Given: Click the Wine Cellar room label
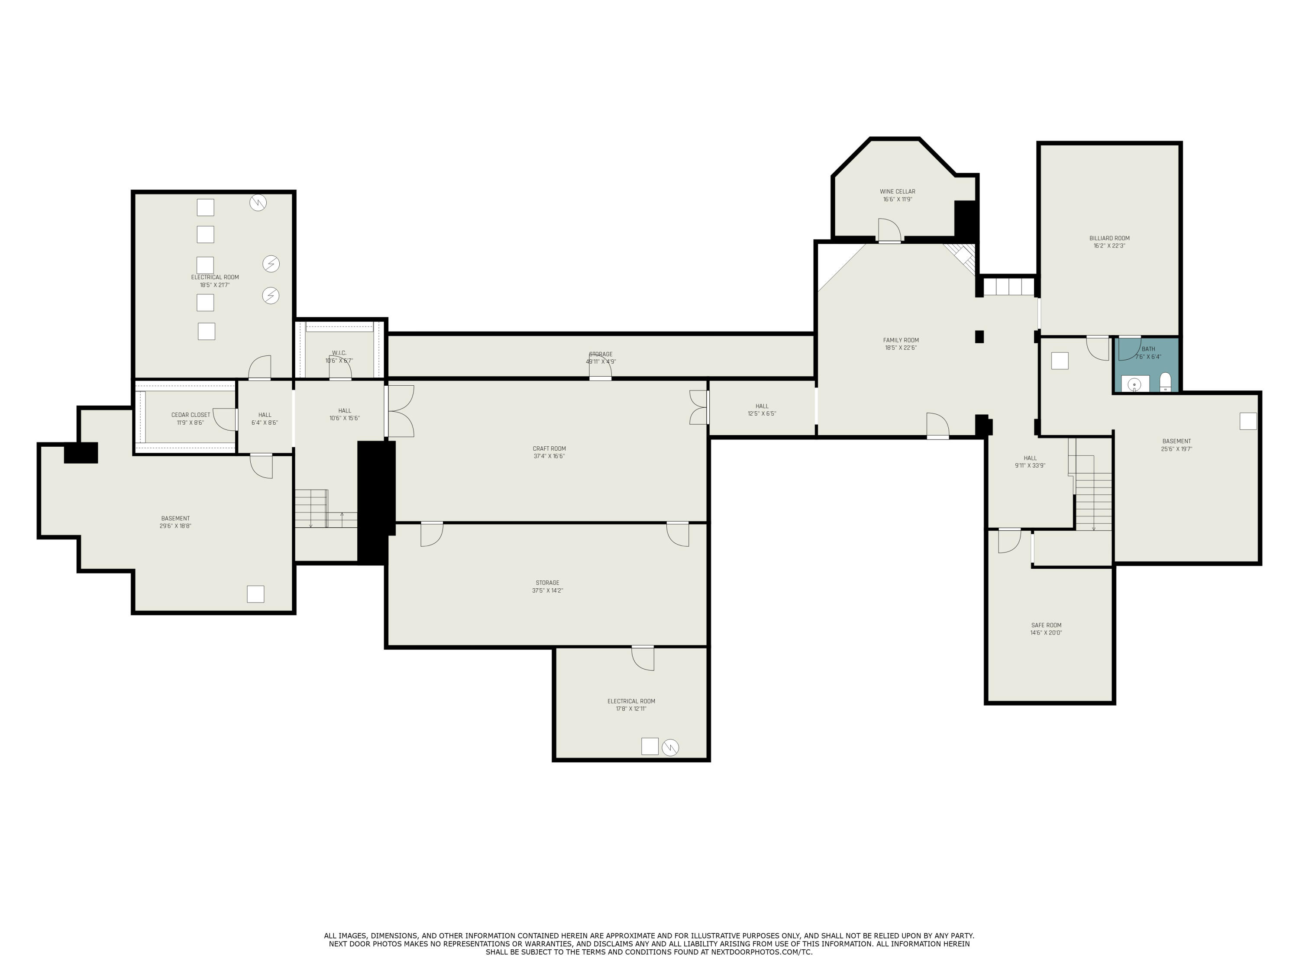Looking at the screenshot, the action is tap(897, 191).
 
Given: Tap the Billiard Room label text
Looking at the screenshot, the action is tap(1109, 239).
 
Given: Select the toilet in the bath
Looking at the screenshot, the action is tap(1166, 382).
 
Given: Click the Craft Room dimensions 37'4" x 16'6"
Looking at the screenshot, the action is tap(549, 456).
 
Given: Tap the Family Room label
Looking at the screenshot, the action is tap(901, 340).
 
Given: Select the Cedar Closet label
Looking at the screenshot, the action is tap(191, 415).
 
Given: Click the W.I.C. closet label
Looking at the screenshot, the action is tap(339, 353).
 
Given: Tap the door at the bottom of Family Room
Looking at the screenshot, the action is tap(938, 425).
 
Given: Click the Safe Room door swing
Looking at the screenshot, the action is tap(1009, 541).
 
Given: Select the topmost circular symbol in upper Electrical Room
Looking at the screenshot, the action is tap(258, 203).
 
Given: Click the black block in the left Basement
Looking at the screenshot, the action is tap(81, 453).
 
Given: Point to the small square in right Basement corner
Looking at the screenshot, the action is tap(1248, 421).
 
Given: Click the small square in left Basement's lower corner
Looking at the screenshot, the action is tap(255, 594).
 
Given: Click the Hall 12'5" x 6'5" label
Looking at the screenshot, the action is tap(762, 410).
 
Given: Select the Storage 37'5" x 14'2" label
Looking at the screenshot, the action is tap(547, 587).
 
